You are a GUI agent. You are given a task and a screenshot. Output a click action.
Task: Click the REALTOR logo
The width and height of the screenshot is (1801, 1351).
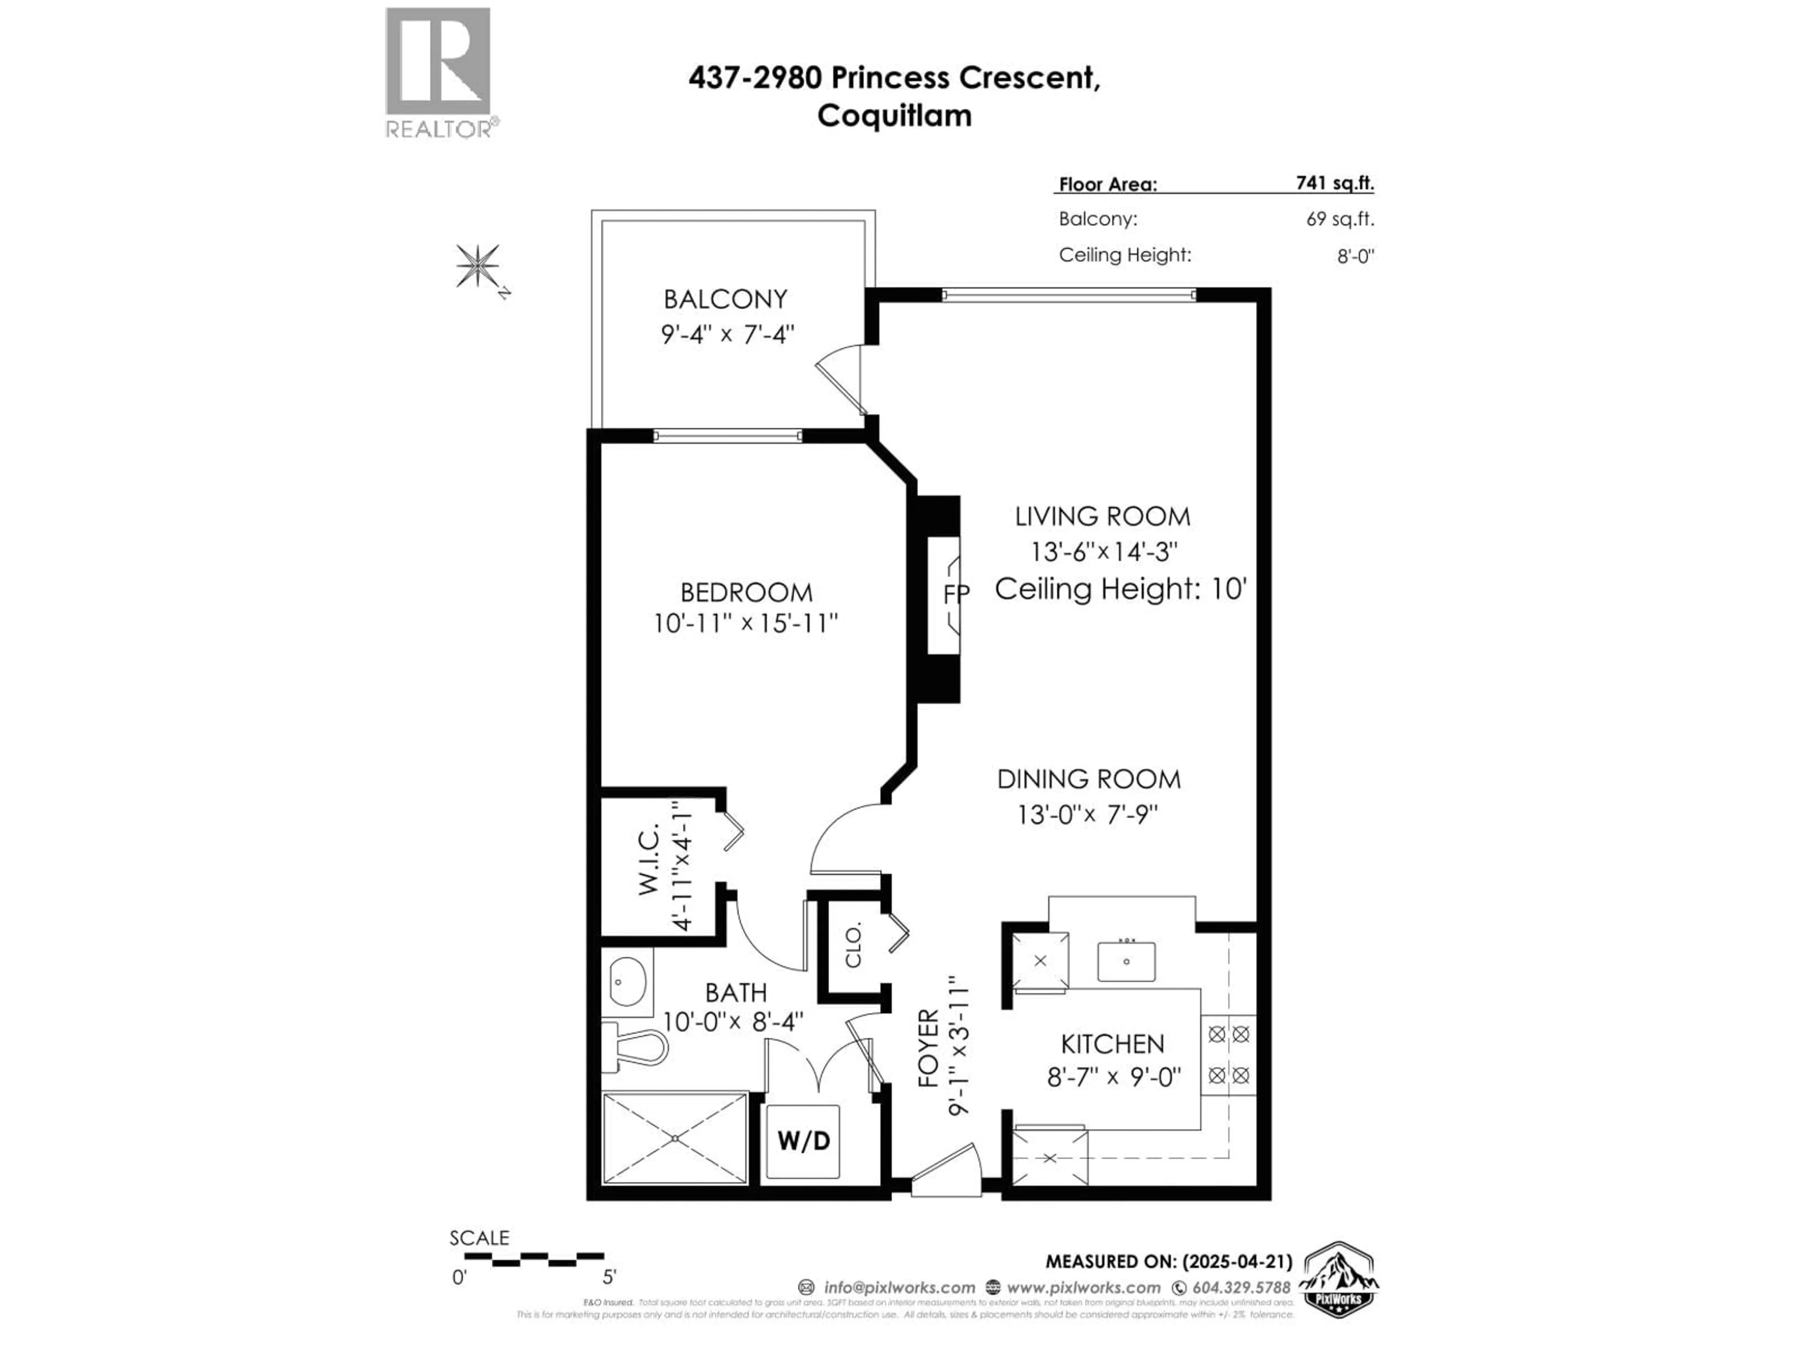coord(438,72)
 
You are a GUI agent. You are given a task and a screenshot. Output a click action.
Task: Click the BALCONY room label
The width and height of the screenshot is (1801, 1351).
coord(725,299)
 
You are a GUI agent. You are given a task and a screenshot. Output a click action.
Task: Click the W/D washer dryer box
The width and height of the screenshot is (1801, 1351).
coord(803,1140)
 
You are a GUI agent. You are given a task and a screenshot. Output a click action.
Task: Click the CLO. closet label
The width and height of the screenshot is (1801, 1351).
coord(853,945)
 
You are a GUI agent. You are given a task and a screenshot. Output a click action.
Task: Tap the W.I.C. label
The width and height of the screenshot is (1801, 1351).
coord(648,862)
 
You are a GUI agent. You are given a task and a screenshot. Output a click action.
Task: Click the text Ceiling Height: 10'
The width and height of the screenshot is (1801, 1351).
coord(1120,588)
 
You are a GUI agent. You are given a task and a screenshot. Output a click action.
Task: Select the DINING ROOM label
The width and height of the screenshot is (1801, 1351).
coord(1089,779)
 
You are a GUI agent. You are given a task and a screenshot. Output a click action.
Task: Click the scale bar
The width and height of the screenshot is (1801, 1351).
coord(534,1258)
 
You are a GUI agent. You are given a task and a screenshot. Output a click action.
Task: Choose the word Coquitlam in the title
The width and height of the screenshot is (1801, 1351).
coord(894,116)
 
